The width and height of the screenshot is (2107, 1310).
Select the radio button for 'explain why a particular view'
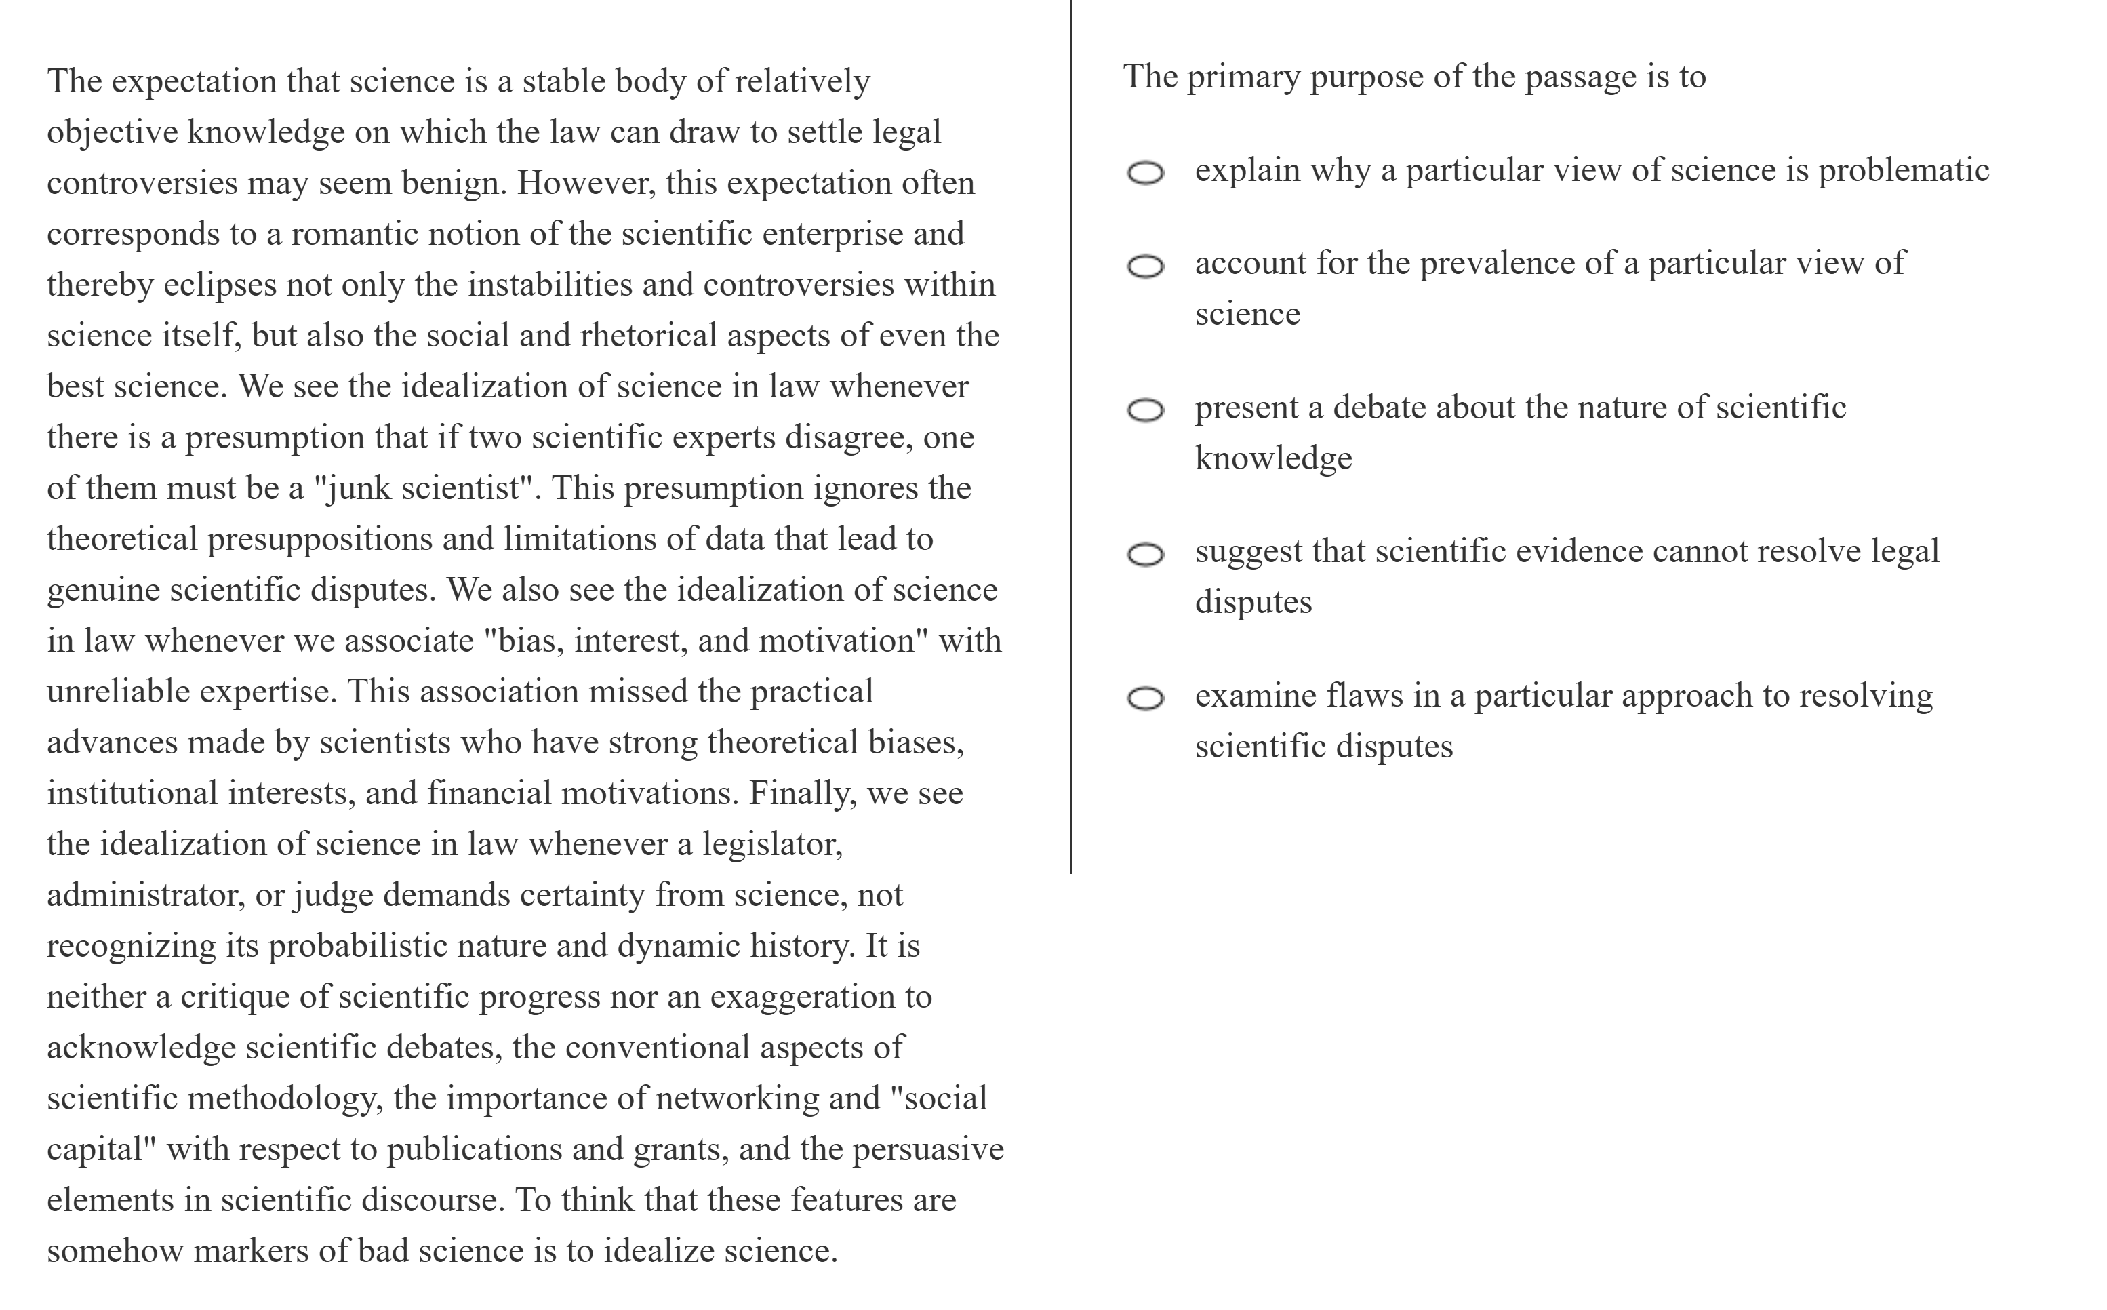(1145, 174)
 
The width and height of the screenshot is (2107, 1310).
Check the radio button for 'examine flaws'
(1145, 698)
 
